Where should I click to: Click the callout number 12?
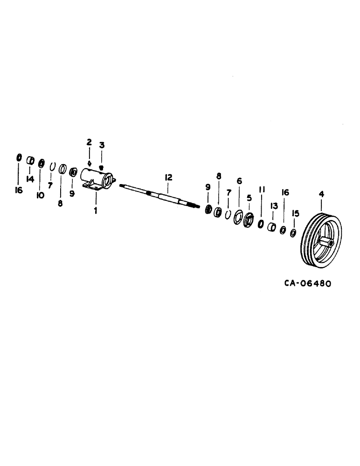(x=168, y=177)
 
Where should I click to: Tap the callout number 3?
(x=101, y=145)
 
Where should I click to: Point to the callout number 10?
(x=40, y=196)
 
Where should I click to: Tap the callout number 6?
(x=239, y=180)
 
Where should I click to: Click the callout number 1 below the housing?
(x=96, y=211)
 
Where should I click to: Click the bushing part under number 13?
(x=271, y=226)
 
